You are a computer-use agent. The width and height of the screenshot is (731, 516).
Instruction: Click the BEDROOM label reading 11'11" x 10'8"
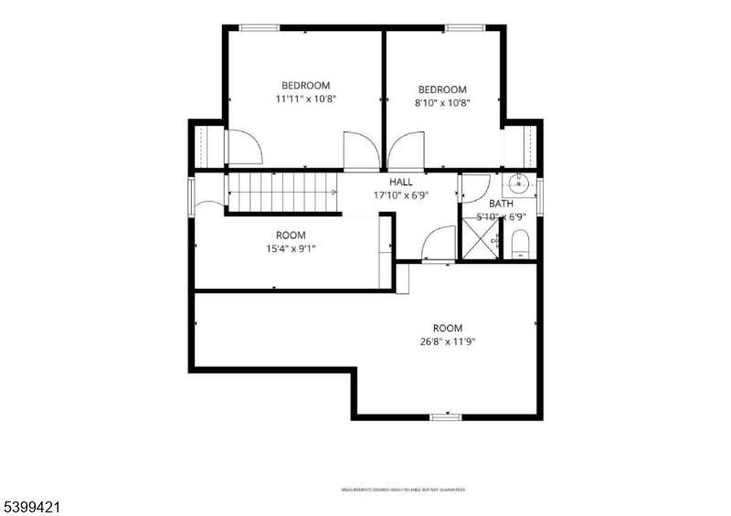305,86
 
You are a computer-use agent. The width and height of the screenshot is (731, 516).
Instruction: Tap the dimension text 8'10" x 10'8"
442,103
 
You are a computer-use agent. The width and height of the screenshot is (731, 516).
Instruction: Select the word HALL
401,182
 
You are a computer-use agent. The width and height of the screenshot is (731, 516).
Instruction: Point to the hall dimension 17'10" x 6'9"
401,195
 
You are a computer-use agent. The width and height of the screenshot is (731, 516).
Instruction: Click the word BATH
501,204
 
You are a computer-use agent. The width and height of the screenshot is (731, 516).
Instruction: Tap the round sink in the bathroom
520,183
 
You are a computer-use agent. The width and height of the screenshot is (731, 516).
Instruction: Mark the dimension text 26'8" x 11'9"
448,342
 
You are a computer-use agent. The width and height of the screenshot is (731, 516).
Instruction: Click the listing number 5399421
31,504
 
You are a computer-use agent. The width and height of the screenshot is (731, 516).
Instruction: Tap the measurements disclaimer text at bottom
403,490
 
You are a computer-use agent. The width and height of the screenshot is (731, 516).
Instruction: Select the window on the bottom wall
444,416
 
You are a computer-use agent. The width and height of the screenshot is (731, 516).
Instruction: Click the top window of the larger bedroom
260,28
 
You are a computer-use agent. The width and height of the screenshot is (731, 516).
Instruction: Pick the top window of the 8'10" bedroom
465,28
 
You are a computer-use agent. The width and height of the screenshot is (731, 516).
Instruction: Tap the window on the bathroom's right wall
540,195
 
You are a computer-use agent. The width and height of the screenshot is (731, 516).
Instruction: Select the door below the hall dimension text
439,245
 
